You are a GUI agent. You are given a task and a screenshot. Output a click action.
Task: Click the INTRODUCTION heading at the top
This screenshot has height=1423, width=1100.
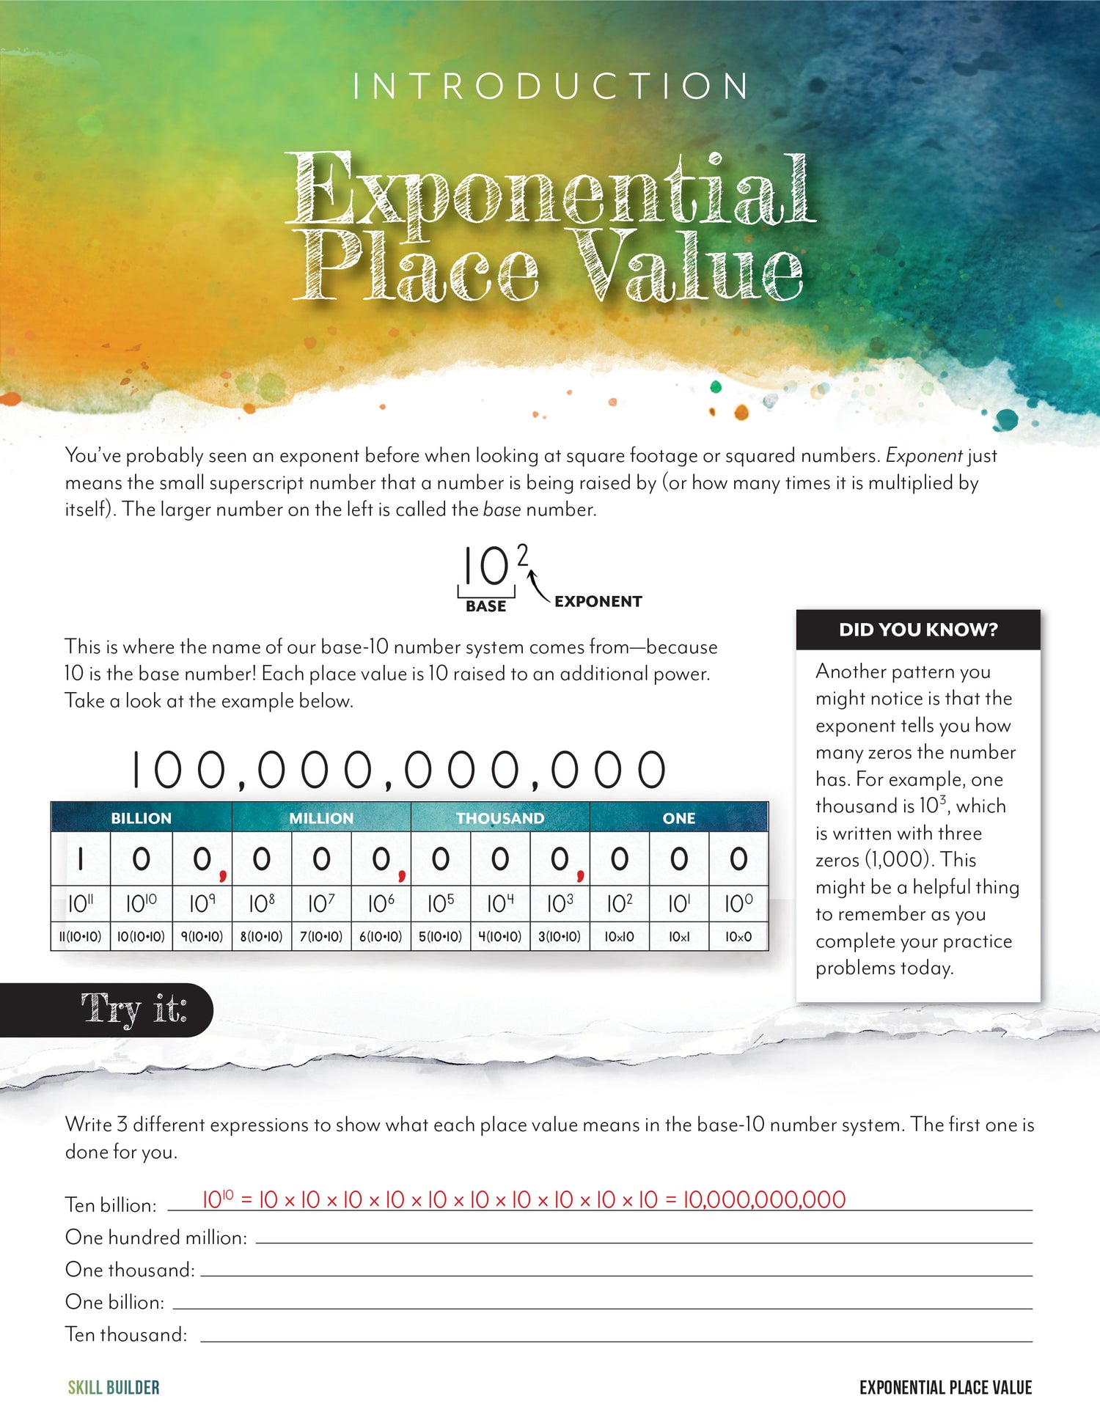click(x=550, y=87)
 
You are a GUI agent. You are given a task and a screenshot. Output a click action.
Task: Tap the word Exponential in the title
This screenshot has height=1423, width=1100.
click(x=550, y=189)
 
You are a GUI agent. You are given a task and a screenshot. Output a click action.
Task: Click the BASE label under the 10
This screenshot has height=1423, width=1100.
click(x=485, y=606)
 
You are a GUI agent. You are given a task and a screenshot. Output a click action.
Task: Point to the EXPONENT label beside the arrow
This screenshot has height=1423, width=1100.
click(x=598, y=601)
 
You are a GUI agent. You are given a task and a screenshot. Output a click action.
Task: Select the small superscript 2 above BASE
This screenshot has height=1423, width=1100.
click(x=522, y=555)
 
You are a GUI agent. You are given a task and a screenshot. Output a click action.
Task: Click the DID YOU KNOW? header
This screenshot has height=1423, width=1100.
click(x=918, y=630)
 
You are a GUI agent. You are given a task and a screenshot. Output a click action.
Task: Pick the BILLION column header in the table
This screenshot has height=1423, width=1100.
click(x=141, y=818)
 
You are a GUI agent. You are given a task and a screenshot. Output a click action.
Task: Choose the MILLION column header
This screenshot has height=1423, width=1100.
click(x=321, y=818)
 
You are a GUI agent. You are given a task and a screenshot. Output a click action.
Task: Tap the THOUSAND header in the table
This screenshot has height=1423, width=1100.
click(x=500, y=818)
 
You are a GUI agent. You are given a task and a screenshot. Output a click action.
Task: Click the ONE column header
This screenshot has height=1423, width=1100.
click(x=678, y=818)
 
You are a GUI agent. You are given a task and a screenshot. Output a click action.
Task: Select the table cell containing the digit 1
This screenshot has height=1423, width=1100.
click(x=80, y=859)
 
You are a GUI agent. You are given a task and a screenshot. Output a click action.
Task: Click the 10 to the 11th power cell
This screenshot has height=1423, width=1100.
click(x=80, y=904)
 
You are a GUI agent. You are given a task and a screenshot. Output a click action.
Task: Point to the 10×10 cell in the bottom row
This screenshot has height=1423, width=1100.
click(x=619, y=936)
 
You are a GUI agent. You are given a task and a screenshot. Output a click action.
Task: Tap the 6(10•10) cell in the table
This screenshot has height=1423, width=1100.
click(x=381, y=936)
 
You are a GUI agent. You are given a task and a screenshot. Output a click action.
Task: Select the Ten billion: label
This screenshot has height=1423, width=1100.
click(x=111, y=1205)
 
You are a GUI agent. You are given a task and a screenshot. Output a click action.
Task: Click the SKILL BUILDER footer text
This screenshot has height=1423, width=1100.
click(x=114, y=1387)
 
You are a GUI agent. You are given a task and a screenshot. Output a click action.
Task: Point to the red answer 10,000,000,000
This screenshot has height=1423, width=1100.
click(x=764, y=1199)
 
